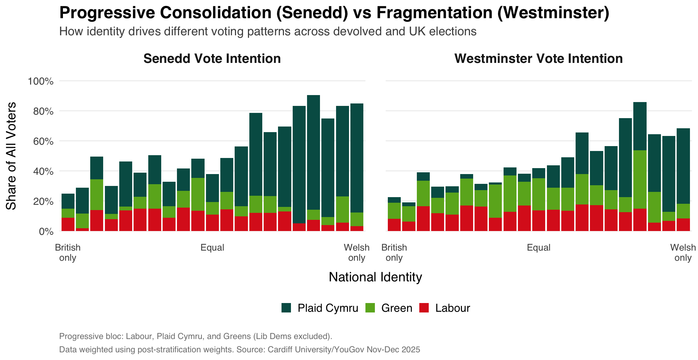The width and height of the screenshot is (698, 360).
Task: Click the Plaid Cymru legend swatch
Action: (286, 308)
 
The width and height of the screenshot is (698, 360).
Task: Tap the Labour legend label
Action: (453, 308)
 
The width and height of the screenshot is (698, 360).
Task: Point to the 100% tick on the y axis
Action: (41, 81)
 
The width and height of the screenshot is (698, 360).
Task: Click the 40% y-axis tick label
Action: (43, 172)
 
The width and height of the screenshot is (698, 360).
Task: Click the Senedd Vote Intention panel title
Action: (212, 59)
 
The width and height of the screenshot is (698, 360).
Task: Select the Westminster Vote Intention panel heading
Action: (538, 59)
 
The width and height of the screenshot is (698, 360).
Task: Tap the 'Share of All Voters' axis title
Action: (11, 156)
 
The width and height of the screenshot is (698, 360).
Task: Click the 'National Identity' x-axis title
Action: (375, 277)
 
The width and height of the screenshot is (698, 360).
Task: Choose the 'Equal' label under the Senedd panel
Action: (212, 248)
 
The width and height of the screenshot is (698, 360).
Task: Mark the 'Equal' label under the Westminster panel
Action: (539, 248)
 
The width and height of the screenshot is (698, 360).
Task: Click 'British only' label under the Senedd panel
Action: (68, 253)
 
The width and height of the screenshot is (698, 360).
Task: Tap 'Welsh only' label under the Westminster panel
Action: (683, 253)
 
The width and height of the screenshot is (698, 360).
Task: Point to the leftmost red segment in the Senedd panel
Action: (68, 224)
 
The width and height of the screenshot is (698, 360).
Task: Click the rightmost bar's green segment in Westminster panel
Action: (683, 211)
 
